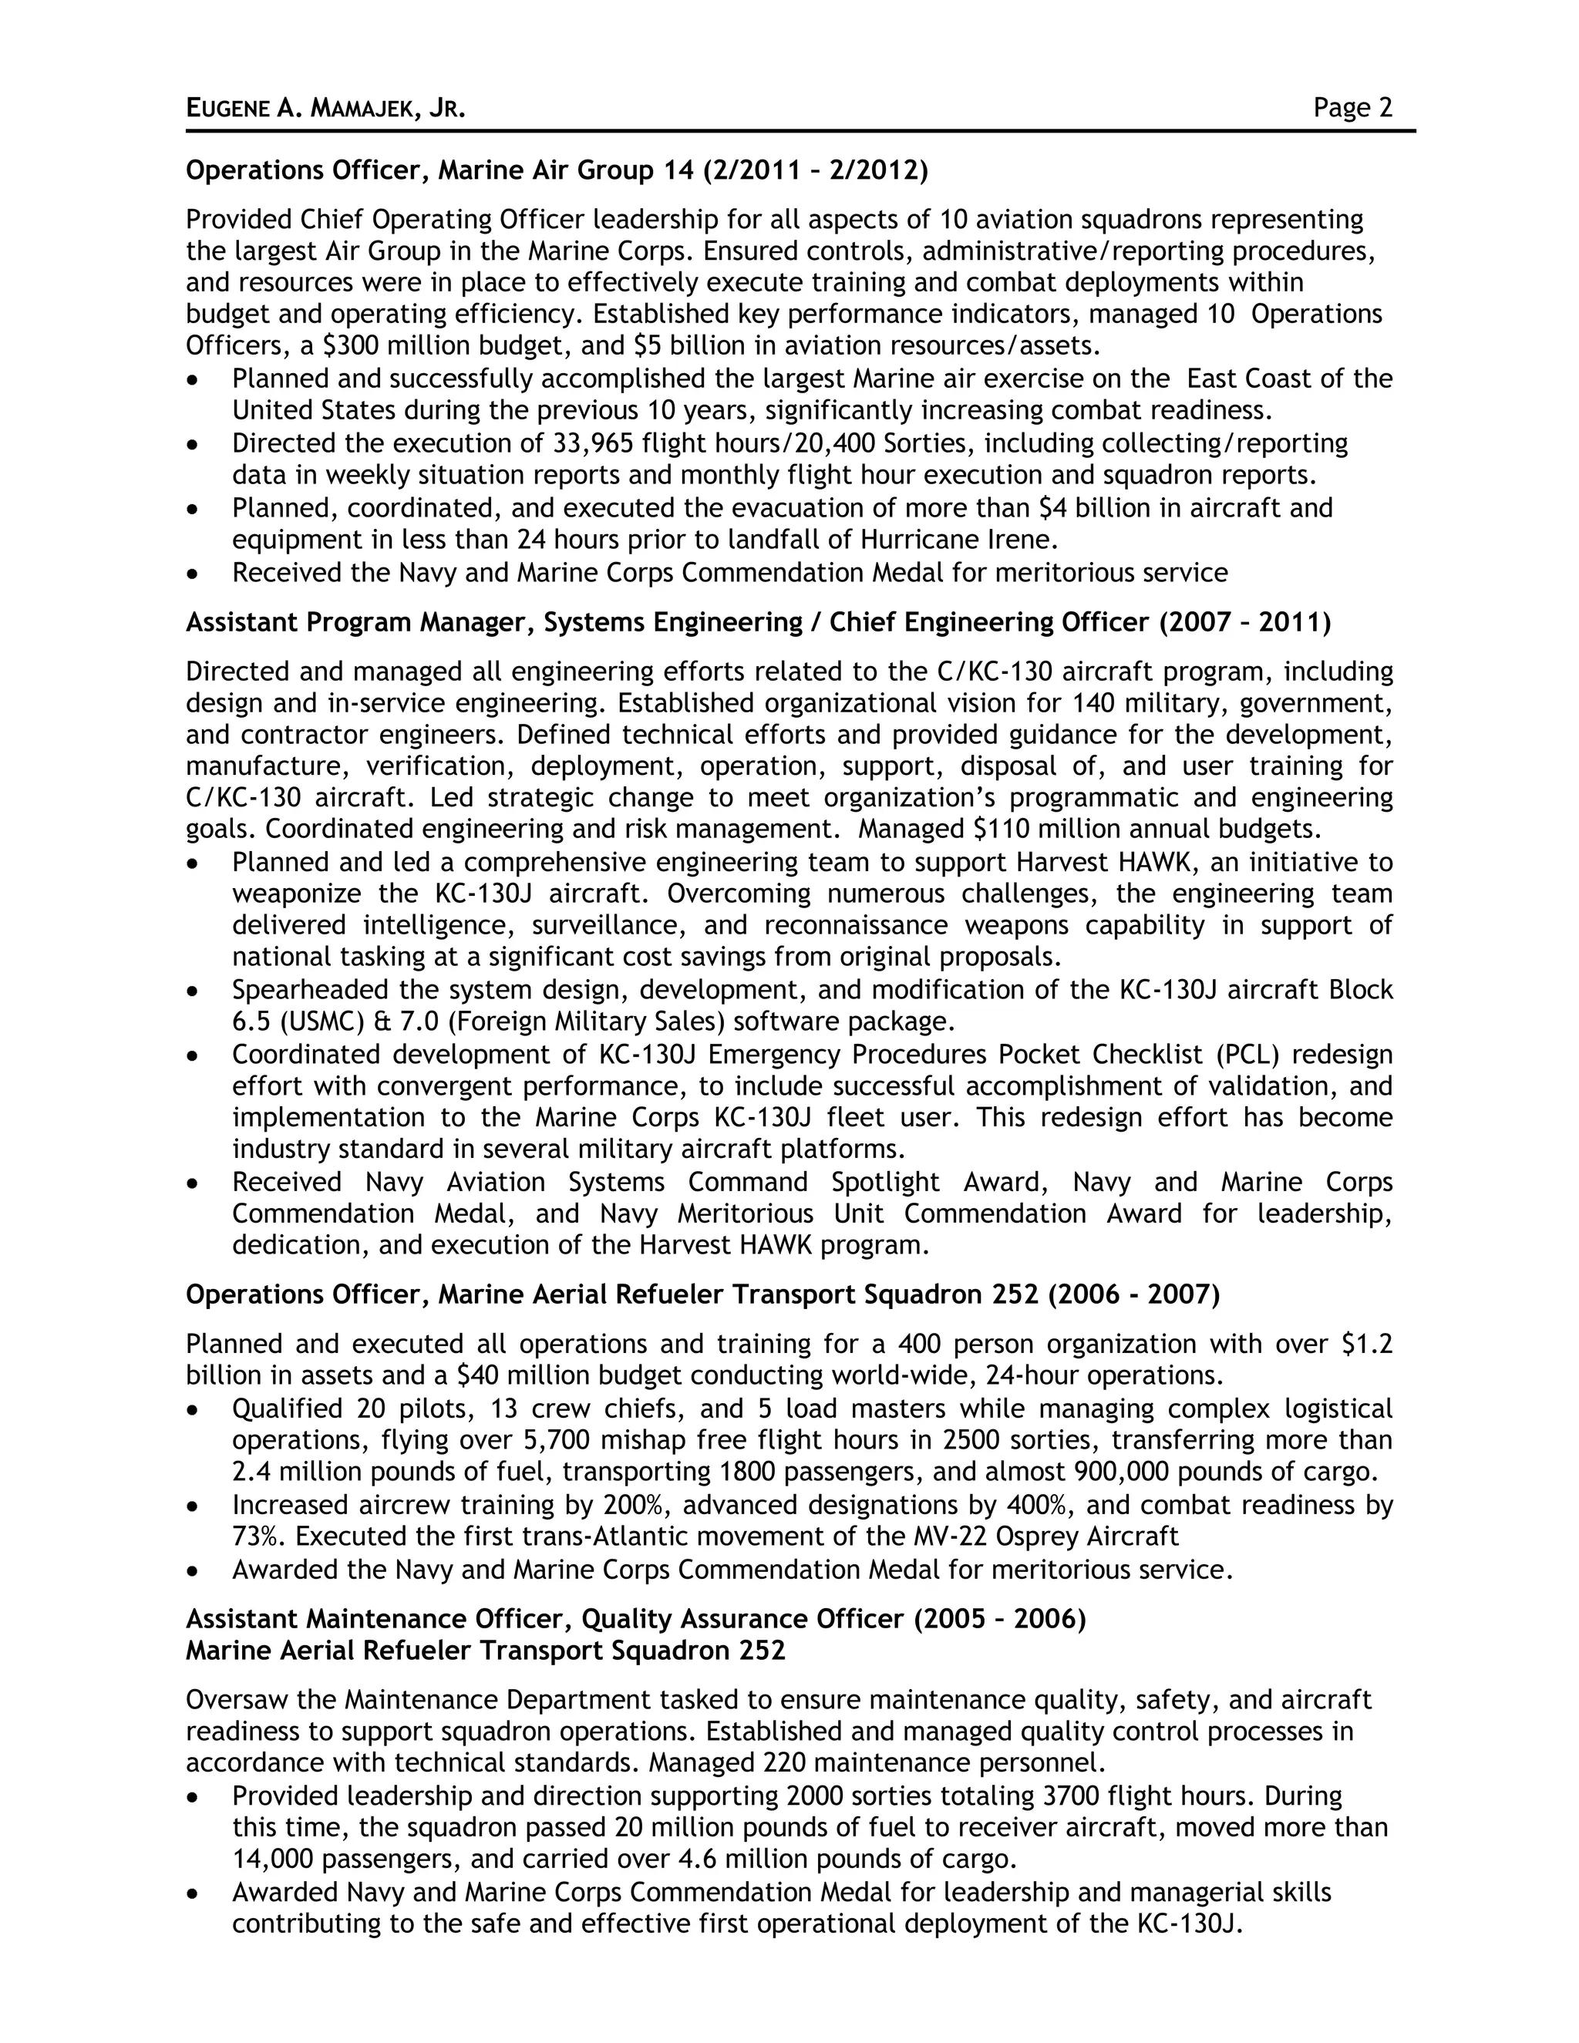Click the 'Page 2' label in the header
tap(1352, 109)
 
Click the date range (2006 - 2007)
tap(1133, 1294)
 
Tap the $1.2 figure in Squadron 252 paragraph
tap(1367, 1345)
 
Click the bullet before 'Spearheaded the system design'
tap(193, 991)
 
